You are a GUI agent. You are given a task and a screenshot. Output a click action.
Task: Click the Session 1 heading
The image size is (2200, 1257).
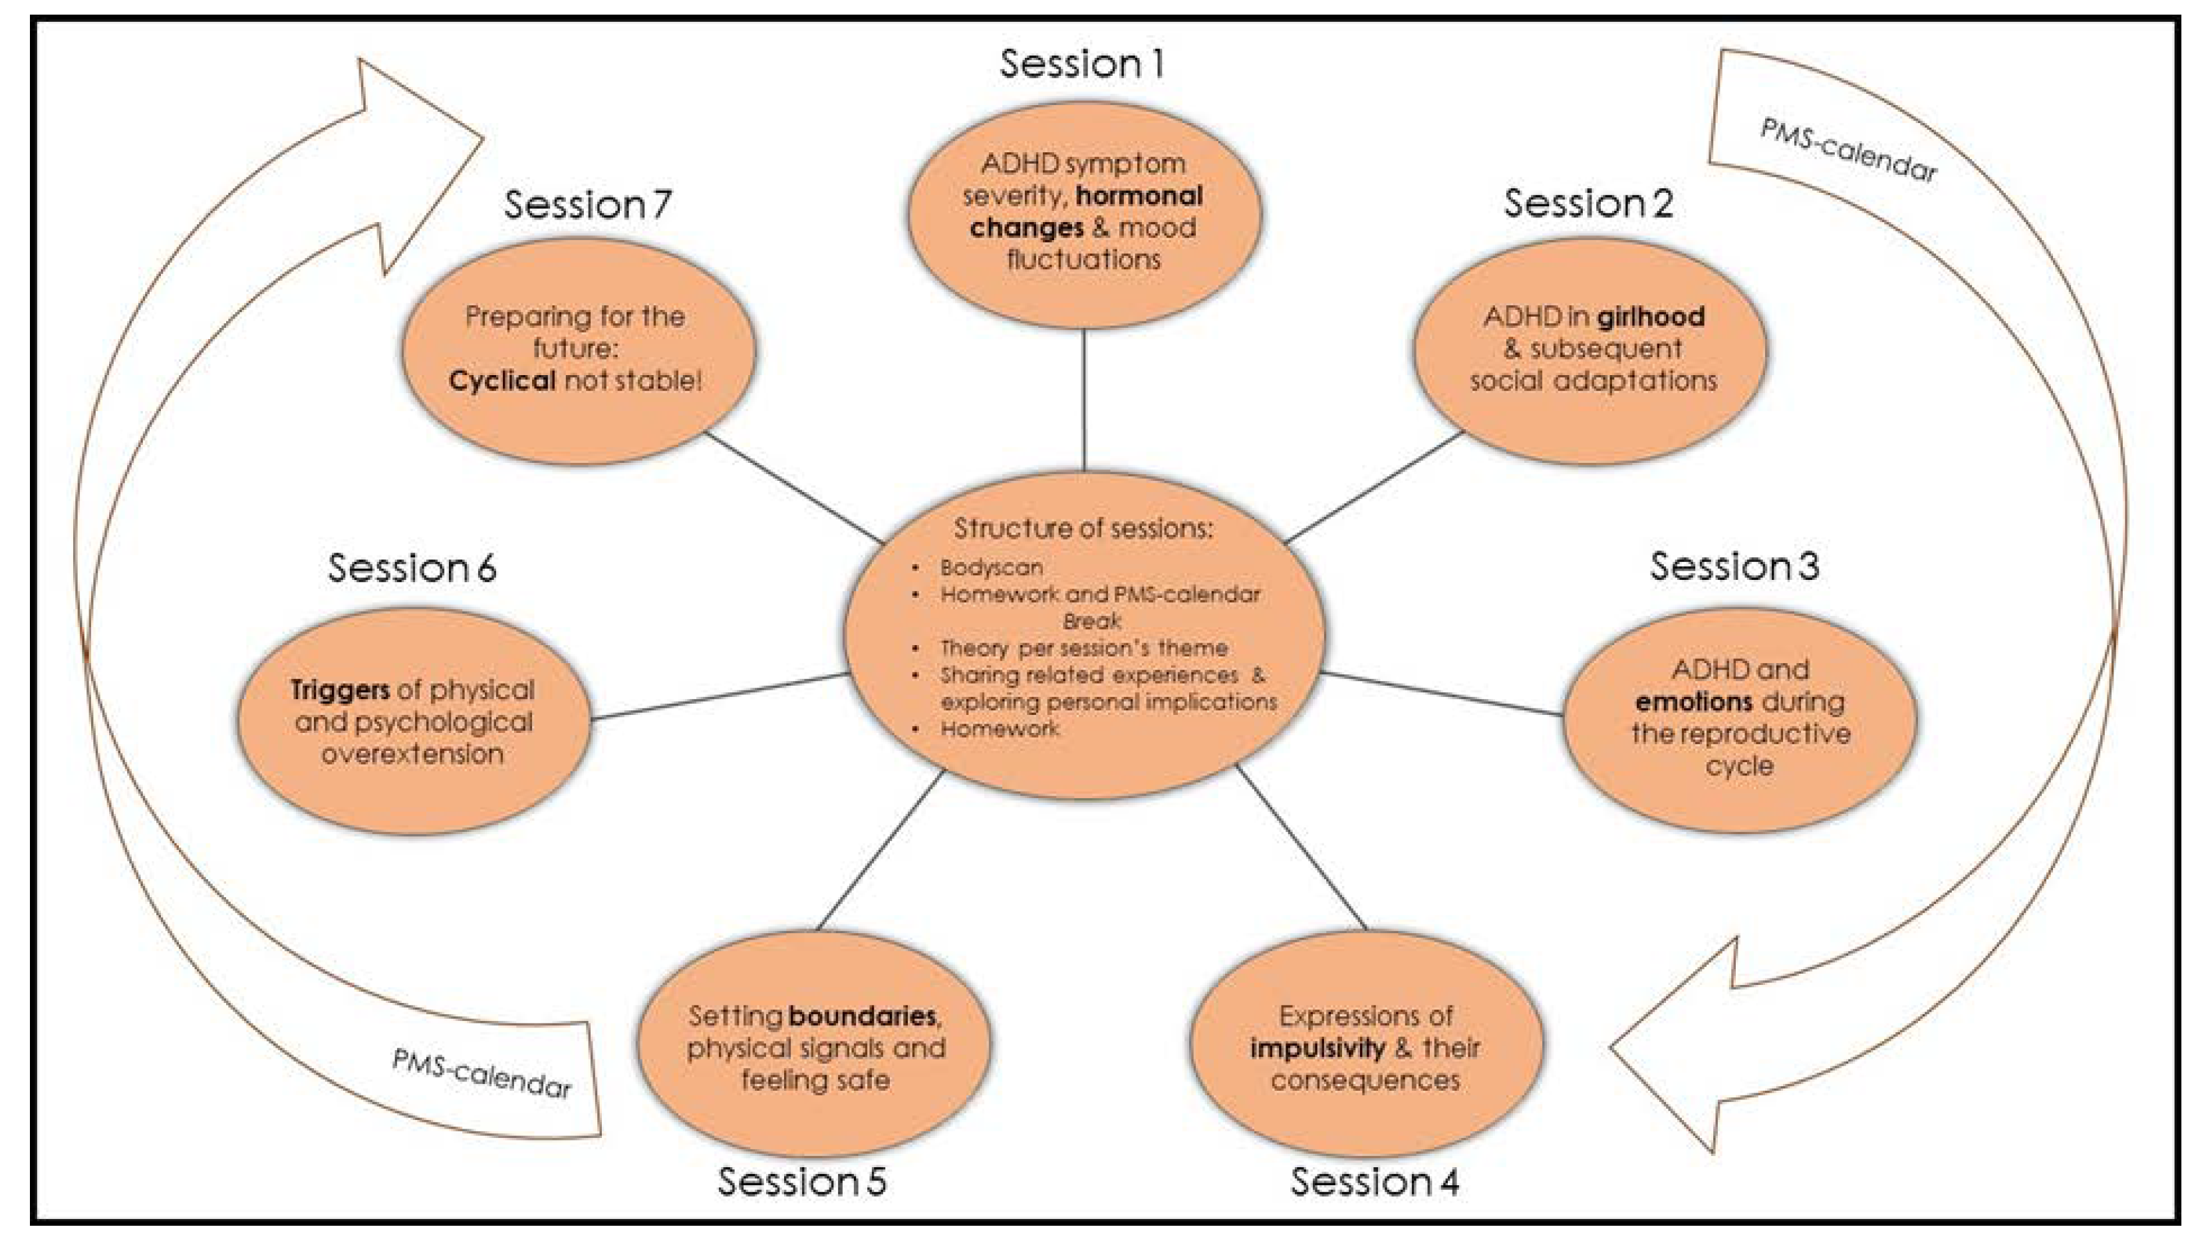tap(1081, 64)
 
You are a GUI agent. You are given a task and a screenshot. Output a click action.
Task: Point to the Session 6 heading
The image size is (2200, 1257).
tap(412, 568)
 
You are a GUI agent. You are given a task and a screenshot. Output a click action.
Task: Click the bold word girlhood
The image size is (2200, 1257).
tap(1650, 317)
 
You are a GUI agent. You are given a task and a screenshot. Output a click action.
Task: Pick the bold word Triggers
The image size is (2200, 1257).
tap(339, 690)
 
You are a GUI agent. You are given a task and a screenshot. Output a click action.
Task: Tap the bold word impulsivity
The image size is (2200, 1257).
tap(1317, 1048)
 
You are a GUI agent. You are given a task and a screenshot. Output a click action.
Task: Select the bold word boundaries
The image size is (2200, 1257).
tap(862, 1016)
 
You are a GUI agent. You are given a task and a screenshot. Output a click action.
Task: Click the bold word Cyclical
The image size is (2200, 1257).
tap(501, 380)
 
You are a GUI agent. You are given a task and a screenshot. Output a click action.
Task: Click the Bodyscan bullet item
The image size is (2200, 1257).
tap(991, 567)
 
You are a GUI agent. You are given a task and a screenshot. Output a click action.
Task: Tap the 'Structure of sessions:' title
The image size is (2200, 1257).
tap(1082, 527)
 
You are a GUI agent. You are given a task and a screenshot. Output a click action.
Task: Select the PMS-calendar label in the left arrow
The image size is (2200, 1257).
tap(481, 1073)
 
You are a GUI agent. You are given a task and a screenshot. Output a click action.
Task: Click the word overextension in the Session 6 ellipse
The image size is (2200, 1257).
tap(412, 754)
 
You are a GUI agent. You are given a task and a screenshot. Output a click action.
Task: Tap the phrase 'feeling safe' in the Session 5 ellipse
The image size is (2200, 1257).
tap(815, 1080)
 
